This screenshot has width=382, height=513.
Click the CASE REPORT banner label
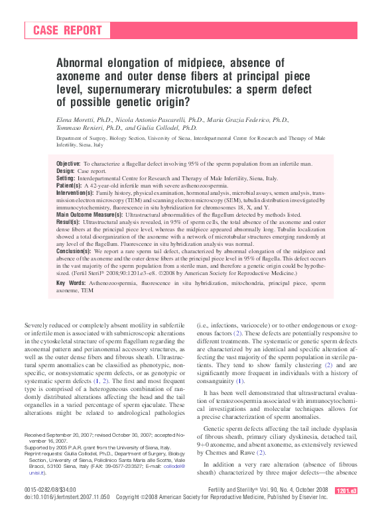point(68,30)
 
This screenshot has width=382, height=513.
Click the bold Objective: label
point(69,163)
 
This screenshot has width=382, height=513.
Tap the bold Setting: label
point(66,179)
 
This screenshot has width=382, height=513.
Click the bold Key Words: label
point(71,283)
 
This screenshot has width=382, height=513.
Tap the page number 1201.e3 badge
point(346,490)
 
